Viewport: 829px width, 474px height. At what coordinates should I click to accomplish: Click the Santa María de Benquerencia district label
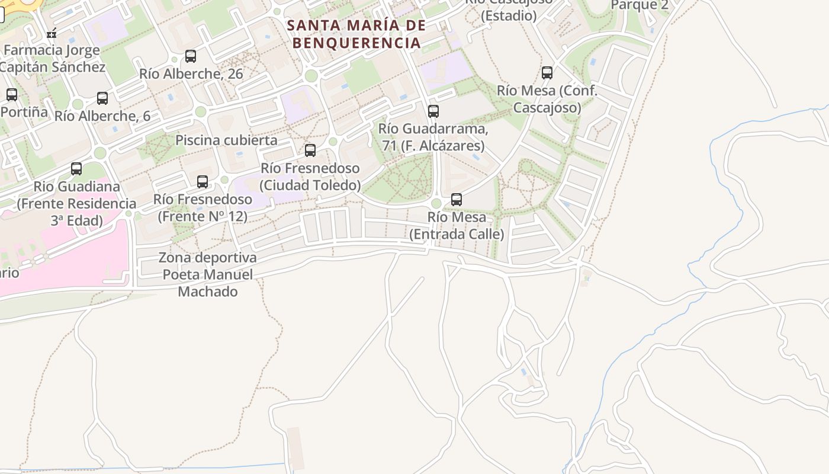(x=357, y=34)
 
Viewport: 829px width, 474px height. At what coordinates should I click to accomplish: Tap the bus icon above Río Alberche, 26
(x=191, y=56)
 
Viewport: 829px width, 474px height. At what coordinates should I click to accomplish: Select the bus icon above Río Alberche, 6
(x=102, y=98)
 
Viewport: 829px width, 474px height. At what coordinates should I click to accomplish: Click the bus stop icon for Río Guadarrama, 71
(x=433, y=111)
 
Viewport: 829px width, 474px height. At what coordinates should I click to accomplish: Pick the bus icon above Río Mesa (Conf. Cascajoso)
(x=547, y=73)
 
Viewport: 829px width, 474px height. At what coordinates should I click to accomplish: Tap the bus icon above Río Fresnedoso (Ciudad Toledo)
(x=310, y=150)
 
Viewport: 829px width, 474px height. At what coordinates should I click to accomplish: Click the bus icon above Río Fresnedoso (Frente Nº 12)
(x=203, y=182)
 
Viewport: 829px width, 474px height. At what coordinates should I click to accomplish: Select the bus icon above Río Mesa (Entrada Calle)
(x=457, y=200)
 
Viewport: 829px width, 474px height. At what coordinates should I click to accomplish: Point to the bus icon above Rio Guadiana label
(x=76, y=169)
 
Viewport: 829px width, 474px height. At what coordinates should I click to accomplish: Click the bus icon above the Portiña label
(x=12, y=95)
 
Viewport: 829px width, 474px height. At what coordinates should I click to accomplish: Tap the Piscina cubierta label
(x=226, y=140)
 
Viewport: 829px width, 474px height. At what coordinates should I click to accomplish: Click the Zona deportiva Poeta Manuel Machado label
(x=208, y=275)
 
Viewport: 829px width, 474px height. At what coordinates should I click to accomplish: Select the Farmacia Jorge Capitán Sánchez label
(x=52, y=58)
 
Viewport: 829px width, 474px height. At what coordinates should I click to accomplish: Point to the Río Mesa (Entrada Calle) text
(x=457, y=226)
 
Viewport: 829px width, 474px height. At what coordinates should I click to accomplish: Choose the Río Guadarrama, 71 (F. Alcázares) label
(x=433, y=137)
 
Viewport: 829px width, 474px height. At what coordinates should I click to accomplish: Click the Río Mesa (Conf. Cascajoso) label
(x=547, y=99)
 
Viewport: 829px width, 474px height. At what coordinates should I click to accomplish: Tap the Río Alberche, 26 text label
(x=191, y=74)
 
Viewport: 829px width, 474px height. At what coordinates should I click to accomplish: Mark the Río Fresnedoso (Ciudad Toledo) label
(x=310, y=177)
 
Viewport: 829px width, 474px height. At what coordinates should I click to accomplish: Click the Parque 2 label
(x=640, y=5)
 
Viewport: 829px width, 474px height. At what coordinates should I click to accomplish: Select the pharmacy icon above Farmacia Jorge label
(x=52, y=33)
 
